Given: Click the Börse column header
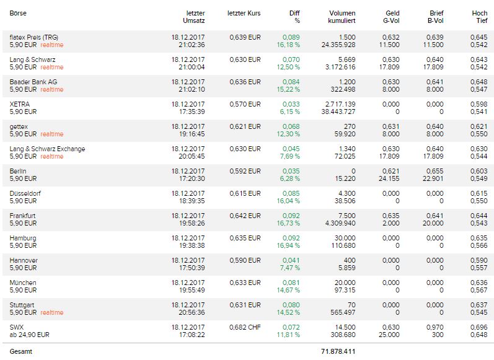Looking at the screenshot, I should click(x=18, y=13).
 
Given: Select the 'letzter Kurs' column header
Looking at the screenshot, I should click(x=244, y=13).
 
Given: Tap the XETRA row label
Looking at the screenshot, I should click(x=20, y=104).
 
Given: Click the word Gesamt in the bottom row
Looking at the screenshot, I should click(x=20, y=351).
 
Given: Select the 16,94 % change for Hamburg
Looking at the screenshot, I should click(x=288, y=245).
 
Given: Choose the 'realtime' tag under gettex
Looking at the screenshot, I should click(x=51, y=134).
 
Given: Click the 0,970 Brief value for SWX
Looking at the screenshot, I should click(x=434, y=327).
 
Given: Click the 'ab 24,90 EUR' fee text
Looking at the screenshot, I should click(x=29, y=335).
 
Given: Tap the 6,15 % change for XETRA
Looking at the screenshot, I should click(x=289, y=112).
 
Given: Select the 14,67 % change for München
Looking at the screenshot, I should click(x=288, y=290).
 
